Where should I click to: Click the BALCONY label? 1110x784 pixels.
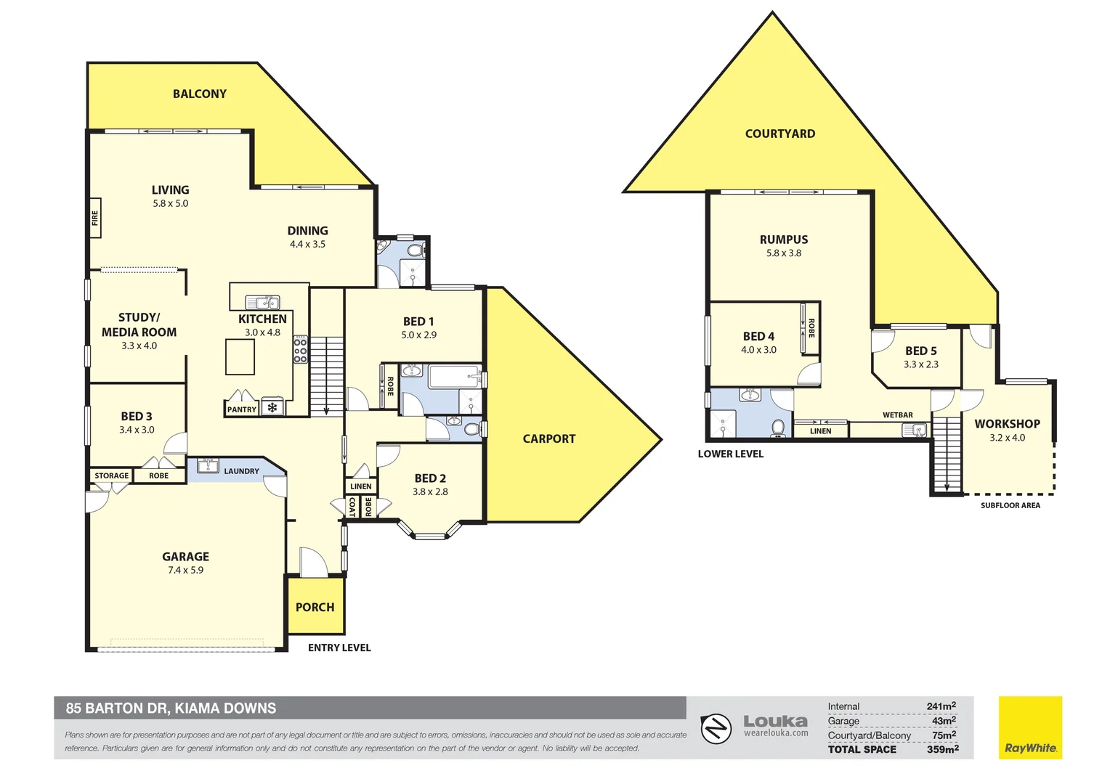point(199,94)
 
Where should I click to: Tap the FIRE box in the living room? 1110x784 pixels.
point(94,218)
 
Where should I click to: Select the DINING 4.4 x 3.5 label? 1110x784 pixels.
point(307,237)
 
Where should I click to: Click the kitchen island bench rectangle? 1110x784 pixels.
point(240,357)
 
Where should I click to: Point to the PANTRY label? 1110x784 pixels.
point(241,409)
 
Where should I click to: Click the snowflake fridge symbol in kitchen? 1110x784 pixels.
point(272,408)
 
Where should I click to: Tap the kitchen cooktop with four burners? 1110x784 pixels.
point(300,349)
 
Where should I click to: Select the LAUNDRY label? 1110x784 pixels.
point(241,471)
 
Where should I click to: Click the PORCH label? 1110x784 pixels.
point(315,607)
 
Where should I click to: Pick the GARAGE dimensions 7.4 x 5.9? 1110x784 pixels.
point(185,571)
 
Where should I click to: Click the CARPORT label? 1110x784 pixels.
point(548,438)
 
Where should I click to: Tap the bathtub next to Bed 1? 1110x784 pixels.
point(453,377)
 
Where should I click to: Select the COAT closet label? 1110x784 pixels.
point(352,506)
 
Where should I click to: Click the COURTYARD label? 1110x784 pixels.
point(779,134)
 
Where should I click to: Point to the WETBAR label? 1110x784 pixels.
point(897,415)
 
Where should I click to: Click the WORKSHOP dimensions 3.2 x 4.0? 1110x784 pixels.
point(1007,438)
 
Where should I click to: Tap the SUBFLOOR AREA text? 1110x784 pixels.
point(1010,505)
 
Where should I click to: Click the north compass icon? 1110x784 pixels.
point(716,728)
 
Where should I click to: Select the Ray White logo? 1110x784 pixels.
point(1029,728)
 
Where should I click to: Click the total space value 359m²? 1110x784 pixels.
point(942,749)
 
